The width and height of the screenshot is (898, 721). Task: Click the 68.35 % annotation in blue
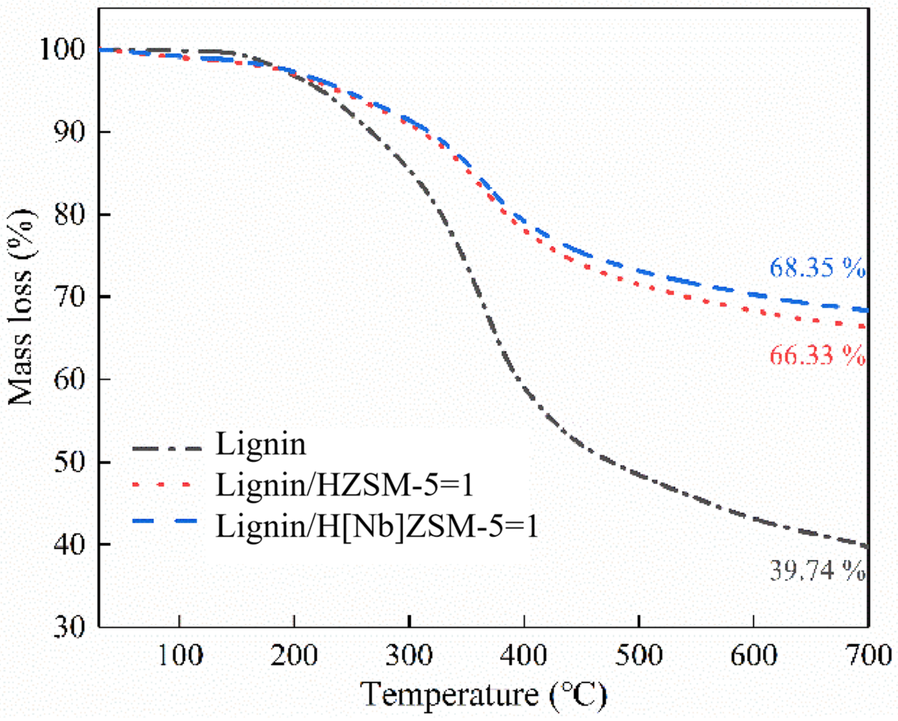(817, 268)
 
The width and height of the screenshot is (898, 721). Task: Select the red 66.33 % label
(817, 356)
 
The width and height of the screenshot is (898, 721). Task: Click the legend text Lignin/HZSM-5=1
(345, 485)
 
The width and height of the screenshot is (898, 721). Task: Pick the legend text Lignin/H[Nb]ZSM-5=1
(377, 526)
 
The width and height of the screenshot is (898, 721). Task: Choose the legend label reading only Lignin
(261, 445)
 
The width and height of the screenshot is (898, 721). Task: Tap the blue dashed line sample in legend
(164, 521)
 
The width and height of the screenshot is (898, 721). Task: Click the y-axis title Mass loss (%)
(21, 307)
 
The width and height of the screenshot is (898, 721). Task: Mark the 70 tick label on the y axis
(69, 297)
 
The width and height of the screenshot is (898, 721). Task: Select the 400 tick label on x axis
(524, 656)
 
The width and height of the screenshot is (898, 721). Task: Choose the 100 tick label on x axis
(180, 656)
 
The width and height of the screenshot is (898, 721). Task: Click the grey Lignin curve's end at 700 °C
(867, 547)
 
